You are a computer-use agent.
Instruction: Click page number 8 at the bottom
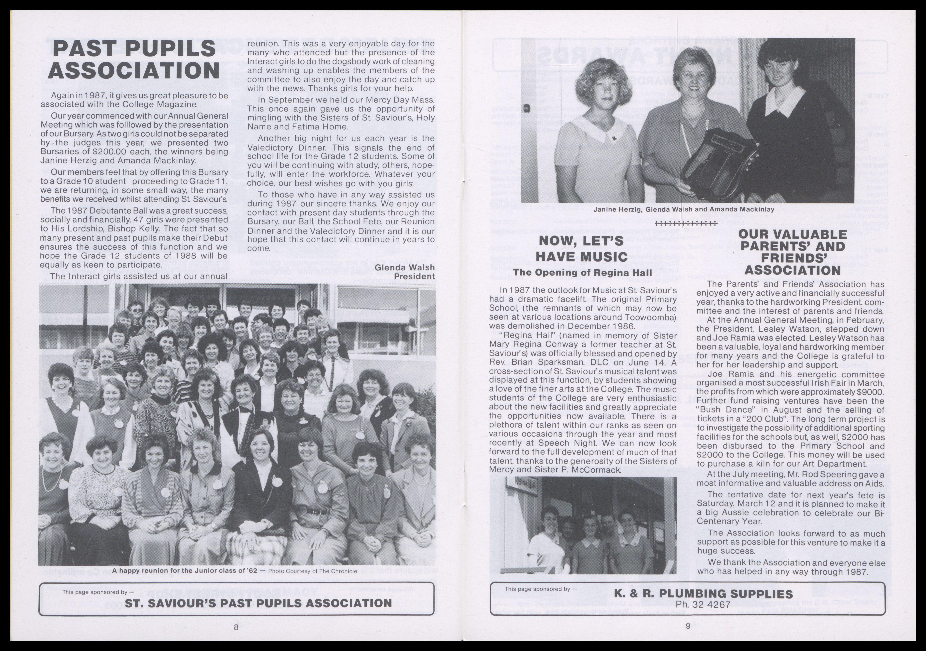pos(236,627)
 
